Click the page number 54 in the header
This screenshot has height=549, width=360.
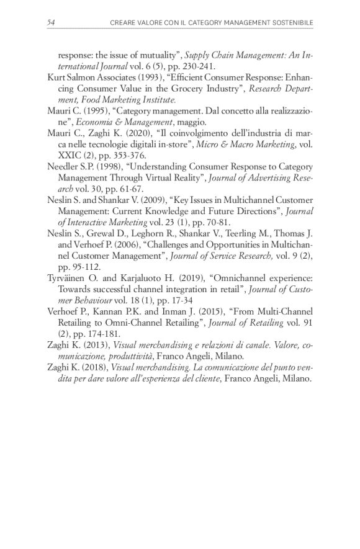tap(51, 23)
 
